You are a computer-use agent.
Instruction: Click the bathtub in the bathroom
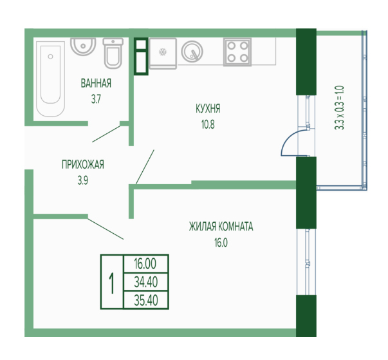(50, 79)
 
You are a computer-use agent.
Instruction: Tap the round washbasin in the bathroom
(83, 46)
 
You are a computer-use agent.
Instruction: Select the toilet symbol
(113, 53)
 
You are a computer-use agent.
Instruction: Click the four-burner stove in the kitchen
(237, 52)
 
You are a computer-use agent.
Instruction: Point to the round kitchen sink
(192, 52)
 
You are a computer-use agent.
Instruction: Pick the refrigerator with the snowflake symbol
(163, 53)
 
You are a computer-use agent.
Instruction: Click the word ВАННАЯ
(96, 84)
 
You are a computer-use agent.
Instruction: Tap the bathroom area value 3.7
(96, 99)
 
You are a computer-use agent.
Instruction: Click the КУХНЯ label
(208, 109)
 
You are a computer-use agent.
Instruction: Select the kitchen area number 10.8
(208, 125)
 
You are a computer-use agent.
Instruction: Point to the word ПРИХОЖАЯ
(83, 165)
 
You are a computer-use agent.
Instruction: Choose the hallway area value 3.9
(83, 181)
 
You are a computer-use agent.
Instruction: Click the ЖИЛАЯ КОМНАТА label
(221, 227)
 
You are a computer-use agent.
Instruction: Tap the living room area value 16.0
(221, 243)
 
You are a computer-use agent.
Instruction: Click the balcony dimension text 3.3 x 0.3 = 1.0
(339, 108)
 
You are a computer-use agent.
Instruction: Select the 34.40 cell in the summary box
(146, 282)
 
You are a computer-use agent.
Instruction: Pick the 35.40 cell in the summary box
(146, 300)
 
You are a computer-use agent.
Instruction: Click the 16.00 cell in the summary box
(146, 263)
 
